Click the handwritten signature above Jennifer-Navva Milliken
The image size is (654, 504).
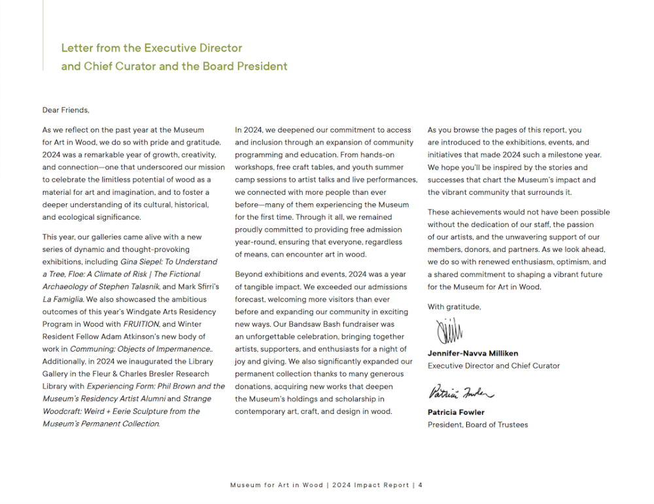[x=449, y=331]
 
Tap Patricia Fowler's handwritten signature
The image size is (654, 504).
[x=460, y=392]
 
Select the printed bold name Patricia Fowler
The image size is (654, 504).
[x=456, y=412]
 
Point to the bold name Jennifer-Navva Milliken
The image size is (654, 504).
[x=473, y=354]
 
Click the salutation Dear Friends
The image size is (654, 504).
[x=65, y=110]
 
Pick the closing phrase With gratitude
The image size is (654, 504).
[x=454, y=307]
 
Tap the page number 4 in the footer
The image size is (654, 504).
[x=421, y=485]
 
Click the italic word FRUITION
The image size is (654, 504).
[x=141, y=324]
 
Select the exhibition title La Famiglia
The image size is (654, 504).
[x=63, y=299]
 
